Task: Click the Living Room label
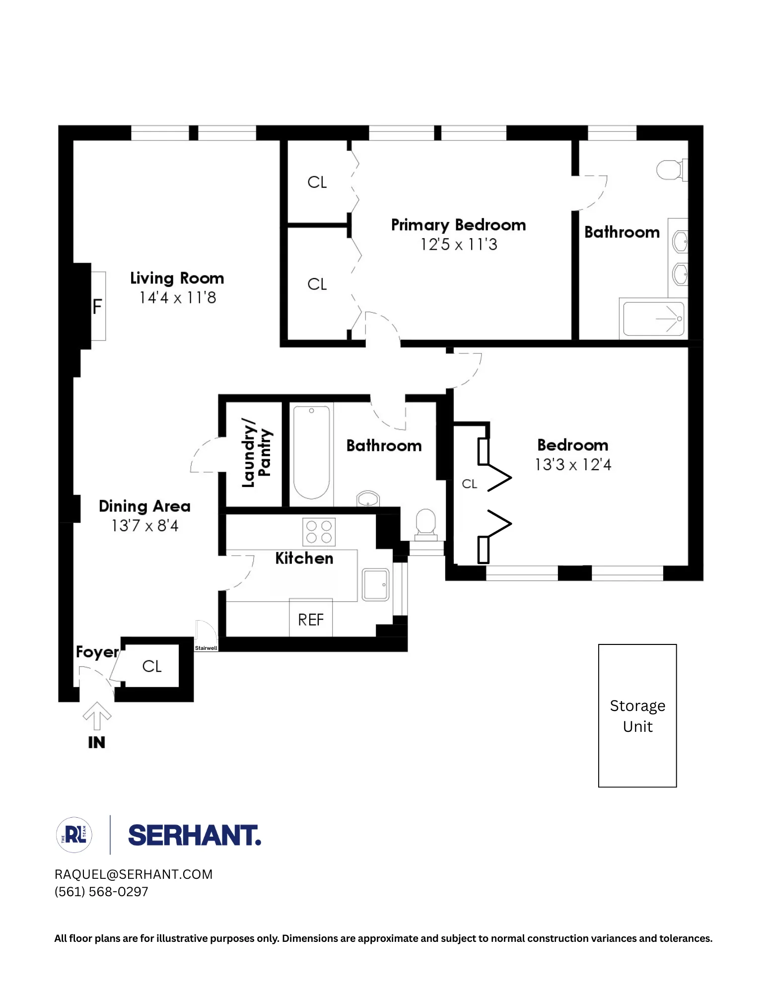pyautogui.click(x=177, y=278)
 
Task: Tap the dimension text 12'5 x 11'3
pyautogui.click(x=459, y=245)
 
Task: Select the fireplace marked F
pyautogui.click(x=97, y=306)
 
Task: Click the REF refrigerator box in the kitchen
pyautogui.click(x=311, y=619)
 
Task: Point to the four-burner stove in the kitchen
pyautogui.click(x=319, y=532)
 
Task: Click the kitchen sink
pyautogui.click(x=375, y=584)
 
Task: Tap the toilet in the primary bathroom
pyautogui.click(x=670, y=170)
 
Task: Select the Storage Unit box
pyautogui.click(x=637, y=715)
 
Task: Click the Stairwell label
pyautogui.click(x=206, y=648)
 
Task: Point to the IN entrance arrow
pyautogui.click(x=97, y=716)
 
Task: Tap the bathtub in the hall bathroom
pyautogui.click(x=311, y=452)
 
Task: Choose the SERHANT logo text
pyautogui.click(x=195, y=835)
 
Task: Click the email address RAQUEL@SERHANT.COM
pyautogui.click(x=134, y=874)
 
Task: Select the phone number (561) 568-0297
pyautogui.click(x=101, y=892)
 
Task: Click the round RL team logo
pyautogui.click(x=74, y=835)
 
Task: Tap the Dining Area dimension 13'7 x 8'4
pyautogui.click(x=145, y=526)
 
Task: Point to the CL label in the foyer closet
pyautogui.click(x=152, y=666)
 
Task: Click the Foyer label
pyautogui.click(x=97, y=651)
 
